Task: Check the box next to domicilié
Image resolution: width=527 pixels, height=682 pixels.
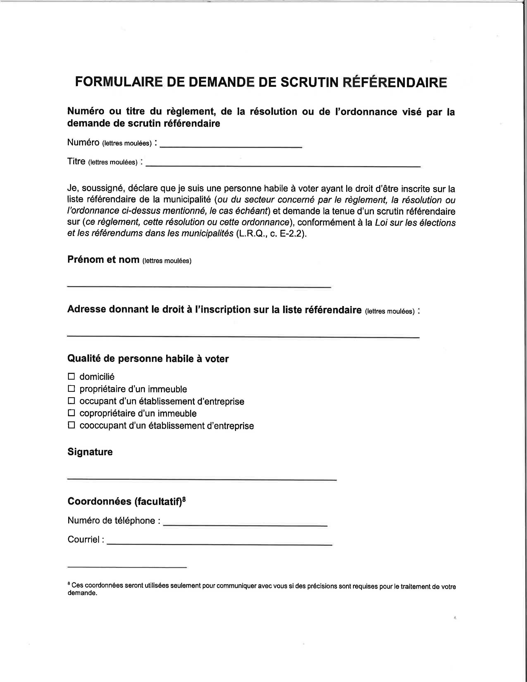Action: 72,376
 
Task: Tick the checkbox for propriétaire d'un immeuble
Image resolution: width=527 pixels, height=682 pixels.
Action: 72,389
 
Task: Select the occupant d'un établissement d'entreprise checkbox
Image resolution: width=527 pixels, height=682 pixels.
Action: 72,401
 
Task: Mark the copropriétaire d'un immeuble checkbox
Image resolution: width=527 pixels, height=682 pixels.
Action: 72,413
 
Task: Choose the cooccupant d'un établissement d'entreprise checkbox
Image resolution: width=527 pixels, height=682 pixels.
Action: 72,425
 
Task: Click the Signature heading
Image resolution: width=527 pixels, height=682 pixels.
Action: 90,452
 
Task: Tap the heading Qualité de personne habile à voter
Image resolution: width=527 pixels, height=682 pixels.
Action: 148,359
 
